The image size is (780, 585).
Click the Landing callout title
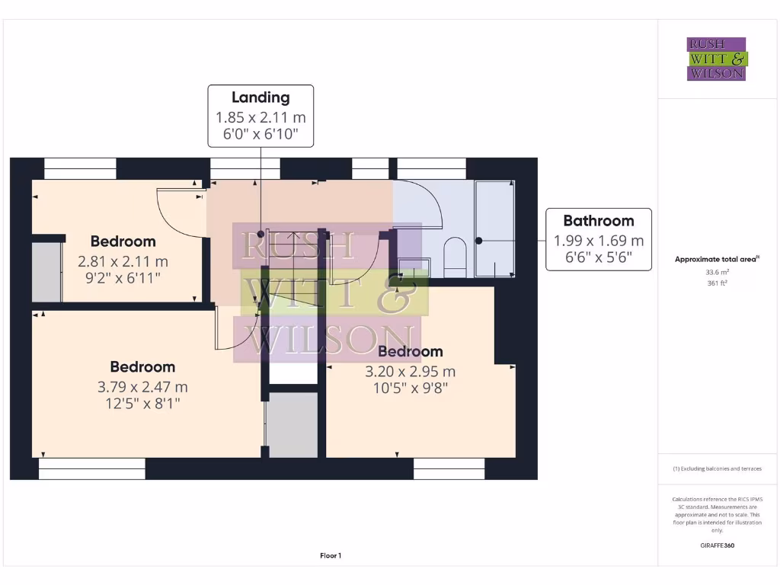click(261, 97)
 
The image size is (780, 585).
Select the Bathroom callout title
click(598, 221)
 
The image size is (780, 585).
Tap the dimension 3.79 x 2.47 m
click(142, 386)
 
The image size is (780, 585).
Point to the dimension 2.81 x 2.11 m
click(123, 261)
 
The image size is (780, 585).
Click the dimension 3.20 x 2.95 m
click(411, 372)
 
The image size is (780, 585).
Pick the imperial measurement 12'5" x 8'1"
click(142, 404)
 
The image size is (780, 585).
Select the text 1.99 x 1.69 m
click(598, 241)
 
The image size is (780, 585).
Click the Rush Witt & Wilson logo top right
click(717, 59)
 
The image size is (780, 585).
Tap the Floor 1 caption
click(331, 556)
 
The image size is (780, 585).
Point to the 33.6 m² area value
click(717, 272)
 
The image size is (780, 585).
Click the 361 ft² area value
click(717, 283)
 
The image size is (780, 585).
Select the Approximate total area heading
click(717, 260)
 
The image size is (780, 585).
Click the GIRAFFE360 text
click(717, 545)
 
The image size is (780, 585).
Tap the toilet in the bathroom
click(455, 257)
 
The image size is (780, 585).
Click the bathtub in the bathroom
click(494, 229)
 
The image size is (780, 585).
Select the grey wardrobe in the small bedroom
click(46, 272)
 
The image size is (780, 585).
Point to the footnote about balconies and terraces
click(717, 468)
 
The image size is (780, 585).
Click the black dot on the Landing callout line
click(261, 235)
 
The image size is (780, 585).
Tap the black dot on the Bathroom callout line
click(480, 241)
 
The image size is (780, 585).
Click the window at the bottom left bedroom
click(91, 468)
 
